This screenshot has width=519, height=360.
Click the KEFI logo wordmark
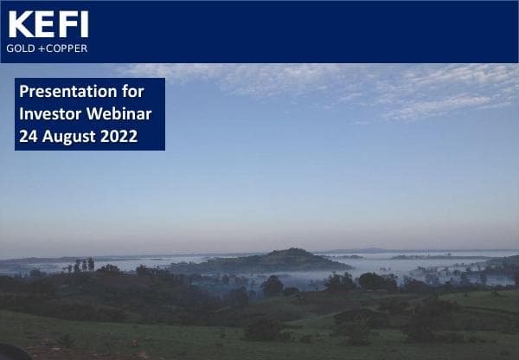pos(48,23)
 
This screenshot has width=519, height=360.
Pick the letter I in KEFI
pos(80,23)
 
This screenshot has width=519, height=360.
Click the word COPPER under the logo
pos(65,48)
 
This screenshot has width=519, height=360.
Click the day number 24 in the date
pos(28,136)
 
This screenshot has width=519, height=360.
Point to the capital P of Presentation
pos(24,91)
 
